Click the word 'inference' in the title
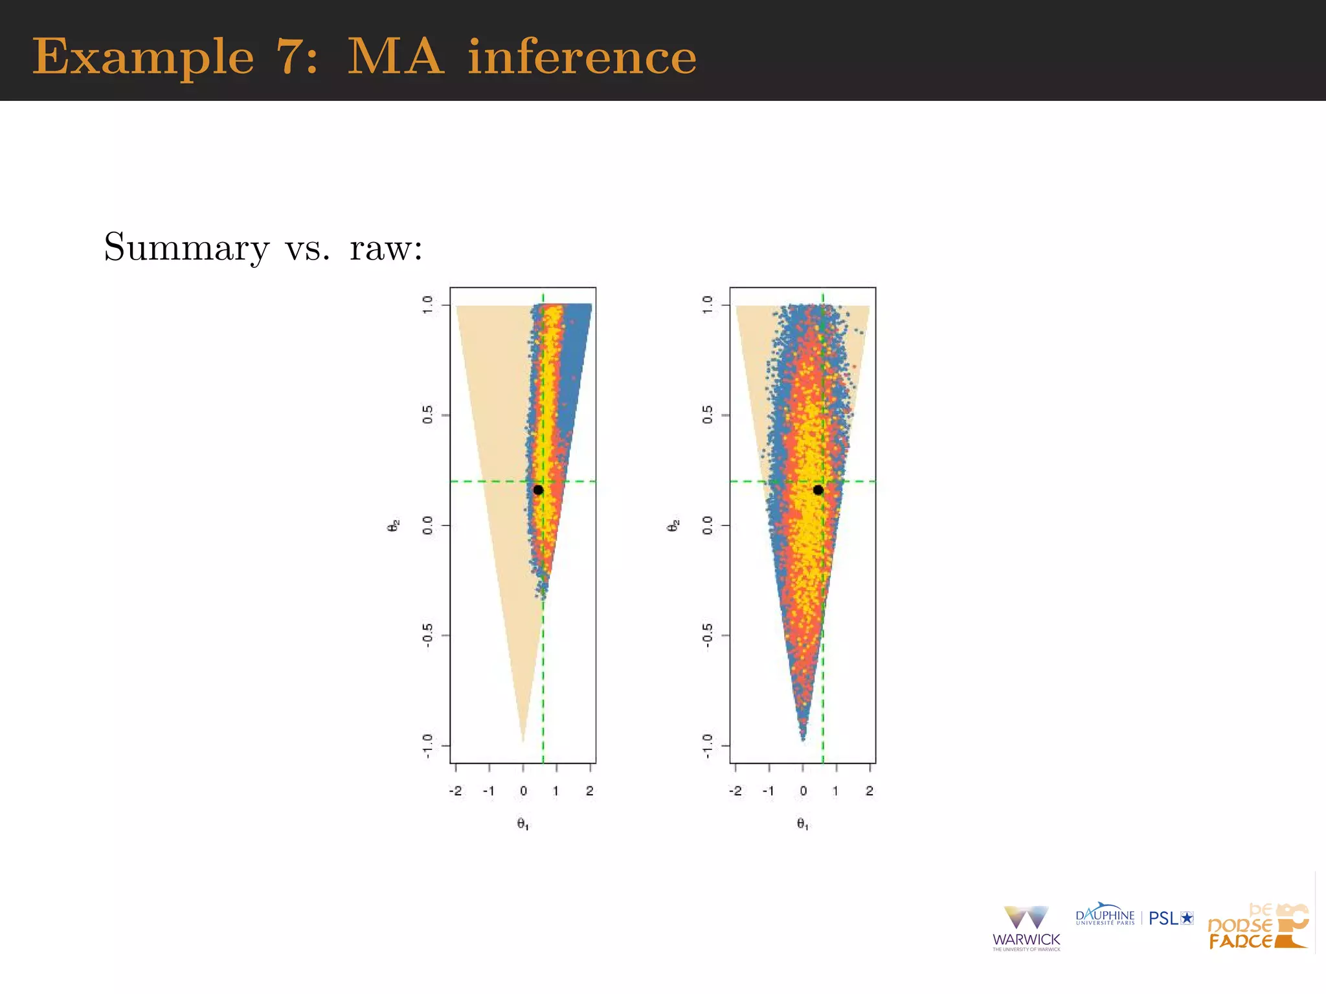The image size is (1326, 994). [x=582, y=57]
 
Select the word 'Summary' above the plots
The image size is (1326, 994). [x=186, y=247]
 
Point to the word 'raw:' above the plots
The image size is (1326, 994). [x=386, y=248]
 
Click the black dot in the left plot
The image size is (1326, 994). [x=538, y=490]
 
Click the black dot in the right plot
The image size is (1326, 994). [x=818, y=490]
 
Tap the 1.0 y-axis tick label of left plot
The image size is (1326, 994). [x=428, y=305]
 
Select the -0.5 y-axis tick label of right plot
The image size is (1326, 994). [x=708, y=636]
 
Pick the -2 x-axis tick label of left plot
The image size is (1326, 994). [x=455, y=791]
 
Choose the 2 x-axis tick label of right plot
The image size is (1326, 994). [x=870, y=791]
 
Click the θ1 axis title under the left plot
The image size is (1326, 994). [x=523, y=824]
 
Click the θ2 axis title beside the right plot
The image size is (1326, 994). [x=673, y=525]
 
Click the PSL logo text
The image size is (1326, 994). [x=1171, y=918]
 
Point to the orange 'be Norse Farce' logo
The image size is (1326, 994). [x=1257, y=927]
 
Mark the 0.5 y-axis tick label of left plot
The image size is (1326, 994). [x=428, y=415]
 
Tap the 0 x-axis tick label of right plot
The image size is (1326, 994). [x=803, y=791]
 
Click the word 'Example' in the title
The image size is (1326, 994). [x=143, y=57]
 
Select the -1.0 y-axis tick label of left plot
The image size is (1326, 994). [x=428, y=745]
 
